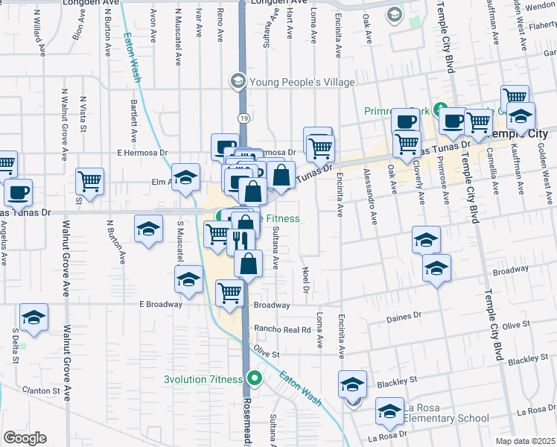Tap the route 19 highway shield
[244, 118]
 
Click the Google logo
[25, 438]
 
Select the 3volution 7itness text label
[205, 378]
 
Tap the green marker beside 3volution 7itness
[255, 378]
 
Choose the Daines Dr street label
[404, 317]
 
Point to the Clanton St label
[40, 390]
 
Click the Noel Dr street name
[305, 279]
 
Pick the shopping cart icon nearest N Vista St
[89, 179]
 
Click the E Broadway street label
[160, 304]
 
